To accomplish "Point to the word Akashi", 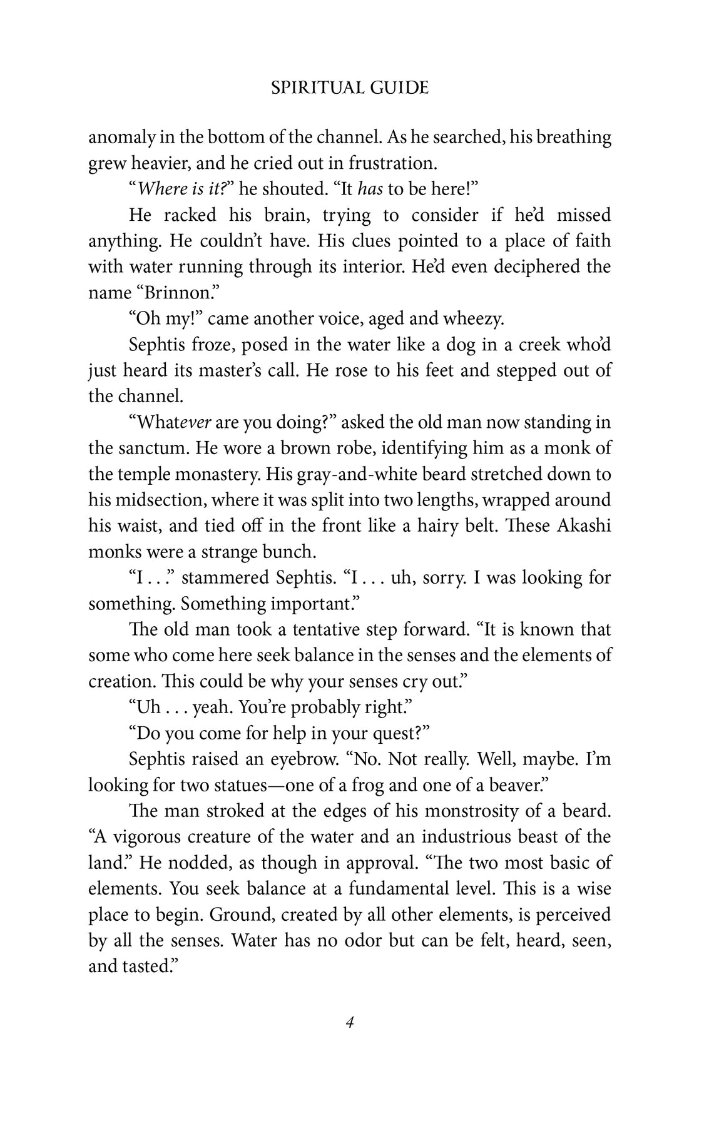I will pyautogui.click(x=579, y=525).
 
